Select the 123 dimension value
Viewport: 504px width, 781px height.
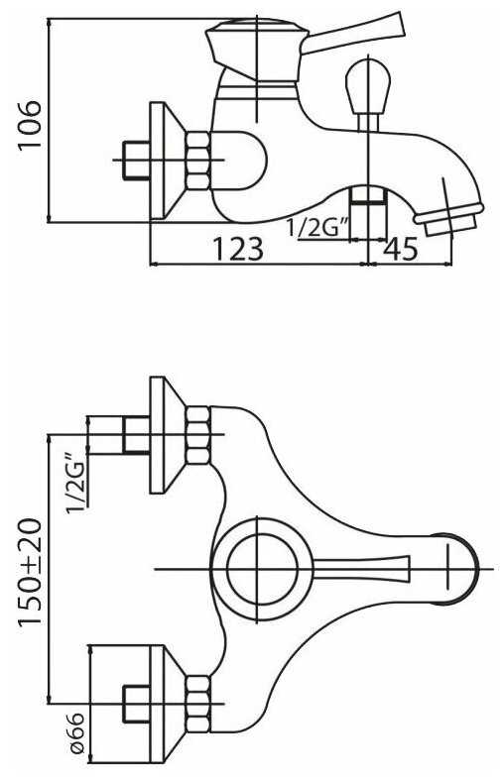click(238, 249)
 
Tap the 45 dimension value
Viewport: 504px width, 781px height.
click(400, 249)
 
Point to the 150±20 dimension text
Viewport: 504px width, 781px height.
click(30, 572)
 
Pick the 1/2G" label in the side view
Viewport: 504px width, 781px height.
click(317, 229)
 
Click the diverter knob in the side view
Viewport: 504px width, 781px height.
click(368, 93)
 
